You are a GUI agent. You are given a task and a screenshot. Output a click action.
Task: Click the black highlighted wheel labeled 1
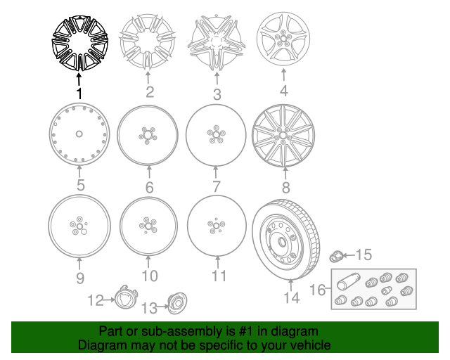coord(79,43)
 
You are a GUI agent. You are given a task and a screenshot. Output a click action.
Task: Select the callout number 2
coord(150,92)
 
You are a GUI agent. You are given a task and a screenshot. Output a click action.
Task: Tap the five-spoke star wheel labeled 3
coord(217,42)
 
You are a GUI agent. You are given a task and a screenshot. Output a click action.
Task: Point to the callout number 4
coord(283,91)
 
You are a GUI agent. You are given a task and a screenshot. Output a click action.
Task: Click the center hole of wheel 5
coord(79,134)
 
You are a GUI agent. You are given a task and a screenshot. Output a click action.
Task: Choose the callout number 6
coord(149,187)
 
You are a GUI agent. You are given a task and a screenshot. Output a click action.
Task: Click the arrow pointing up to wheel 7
coord(216,172)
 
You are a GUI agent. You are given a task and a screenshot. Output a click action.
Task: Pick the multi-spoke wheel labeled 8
coord(283,136)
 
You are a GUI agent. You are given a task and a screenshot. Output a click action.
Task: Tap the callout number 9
coord(80,278)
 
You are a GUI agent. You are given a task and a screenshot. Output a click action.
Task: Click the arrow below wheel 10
coord(148,262)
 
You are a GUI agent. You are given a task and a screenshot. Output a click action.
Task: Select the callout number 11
coord(219,276)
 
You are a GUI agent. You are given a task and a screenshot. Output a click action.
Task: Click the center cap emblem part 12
coord(126,297)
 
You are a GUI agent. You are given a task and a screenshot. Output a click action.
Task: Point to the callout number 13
coord(150,309)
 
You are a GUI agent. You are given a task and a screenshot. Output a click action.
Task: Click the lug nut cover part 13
coord(176,303)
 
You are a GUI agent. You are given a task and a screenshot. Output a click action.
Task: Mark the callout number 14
coord(292,297)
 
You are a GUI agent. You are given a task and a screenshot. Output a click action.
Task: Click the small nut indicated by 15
coord(336,256)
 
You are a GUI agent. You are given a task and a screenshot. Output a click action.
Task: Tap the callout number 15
coord(364,255)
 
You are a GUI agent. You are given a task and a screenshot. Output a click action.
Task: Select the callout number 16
coord(317,290)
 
